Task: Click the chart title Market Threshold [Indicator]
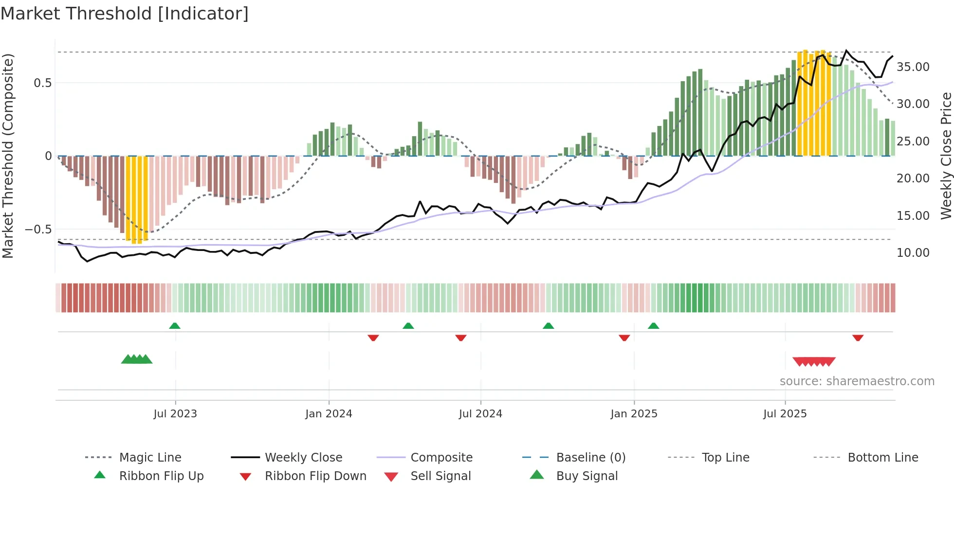125,14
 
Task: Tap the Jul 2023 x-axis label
175,414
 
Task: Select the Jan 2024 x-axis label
329,414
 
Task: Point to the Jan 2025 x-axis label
634,414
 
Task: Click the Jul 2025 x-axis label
785,414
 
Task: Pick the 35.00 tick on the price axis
913,67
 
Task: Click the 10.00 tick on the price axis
913,253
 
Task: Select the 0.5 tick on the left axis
42,83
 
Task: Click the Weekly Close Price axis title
945,156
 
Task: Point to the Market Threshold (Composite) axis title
8,156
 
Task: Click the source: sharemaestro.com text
857,381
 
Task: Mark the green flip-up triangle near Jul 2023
175,326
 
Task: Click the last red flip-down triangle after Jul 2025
858,338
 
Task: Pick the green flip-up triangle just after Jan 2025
653,326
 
